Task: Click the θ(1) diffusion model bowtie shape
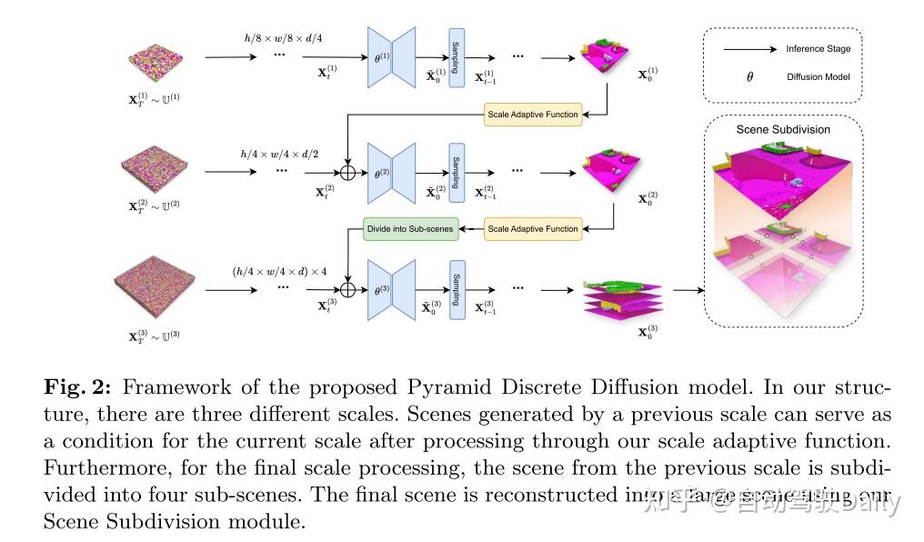coord(391,57)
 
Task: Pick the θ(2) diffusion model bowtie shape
coord(391,170)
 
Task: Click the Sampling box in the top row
coord(457,57)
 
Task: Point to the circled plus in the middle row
coord(348,171)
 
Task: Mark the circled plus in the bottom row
coord(348,289)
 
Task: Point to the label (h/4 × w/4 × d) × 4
coord(280,269)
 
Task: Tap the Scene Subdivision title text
coord(782,129)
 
